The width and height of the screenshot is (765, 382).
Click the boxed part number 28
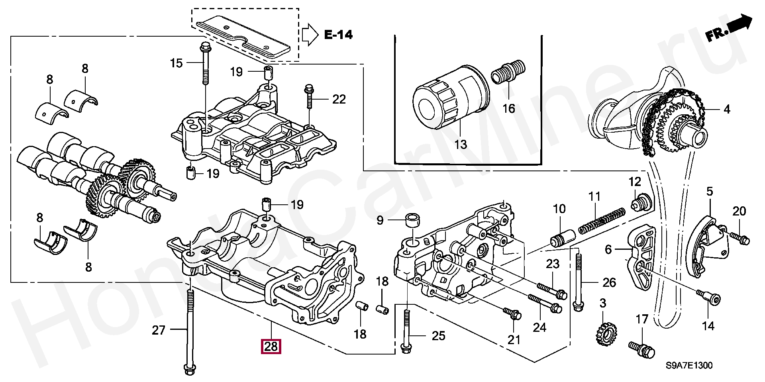(271, 347)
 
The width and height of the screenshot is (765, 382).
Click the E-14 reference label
(338, 35)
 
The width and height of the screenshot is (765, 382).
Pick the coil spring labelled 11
(602, 221)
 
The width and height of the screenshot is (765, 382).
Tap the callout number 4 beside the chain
(727, 109)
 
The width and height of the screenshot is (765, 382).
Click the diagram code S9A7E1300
(689, 365)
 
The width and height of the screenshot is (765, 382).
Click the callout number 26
(609, 282)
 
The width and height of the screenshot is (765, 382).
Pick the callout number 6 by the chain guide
(608, 249)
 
